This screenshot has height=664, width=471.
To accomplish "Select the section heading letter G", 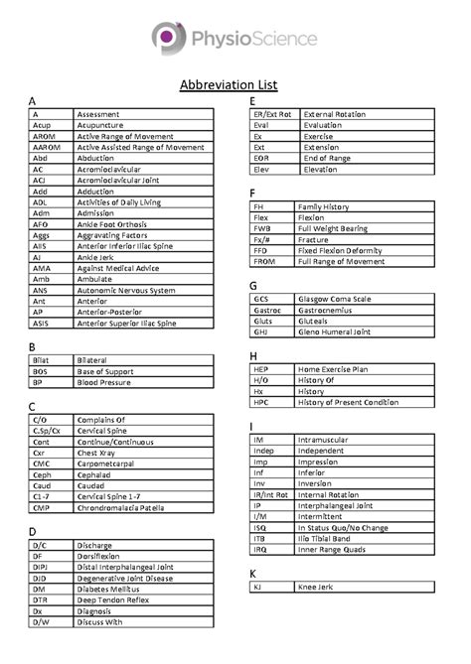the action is [x=254, y=285].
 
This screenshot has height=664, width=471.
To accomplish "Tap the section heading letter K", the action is [x=254, y=574].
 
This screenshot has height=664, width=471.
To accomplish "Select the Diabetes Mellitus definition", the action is [x=111, y=589].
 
